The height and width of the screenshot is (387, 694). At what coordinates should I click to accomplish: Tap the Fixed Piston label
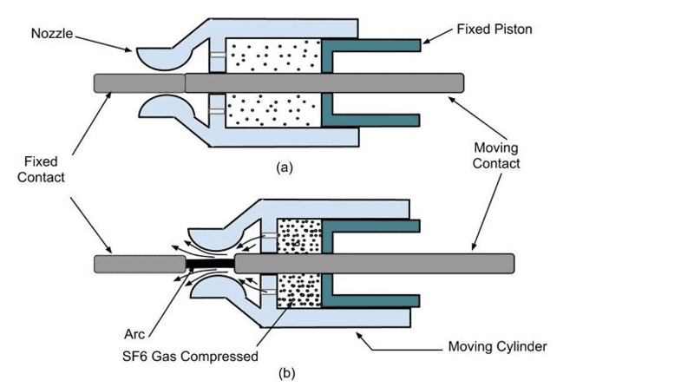pos(494,30)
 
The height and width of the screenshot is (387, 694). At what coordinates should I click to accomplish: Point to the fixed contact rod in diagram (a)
pos(139,82)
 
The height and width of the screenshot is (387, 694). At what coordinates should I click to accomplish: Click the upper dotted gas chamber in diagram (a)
pos(272,55)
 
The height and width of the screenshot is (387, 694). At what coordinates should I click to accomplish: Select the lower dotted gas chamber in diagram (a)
pos(272,110)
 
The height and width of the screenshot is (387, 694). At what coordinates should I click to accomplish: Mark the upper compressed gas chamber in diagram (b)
pos(298,234)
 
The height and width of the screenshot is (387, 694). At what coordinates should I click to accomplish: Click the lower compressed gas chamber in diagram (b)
pos(298,292)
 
